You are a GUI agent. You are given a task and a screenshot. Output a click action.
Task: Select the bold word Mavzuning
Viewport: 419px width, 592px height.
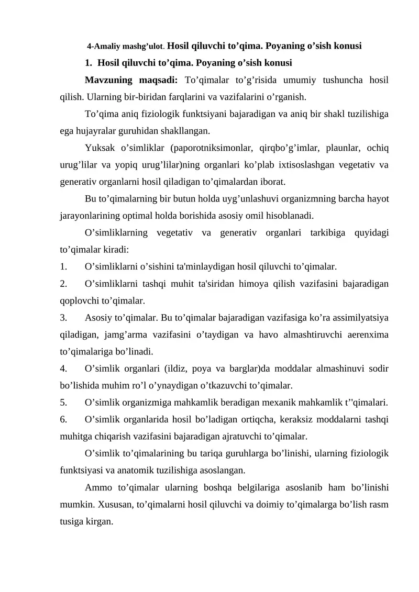point(110,81)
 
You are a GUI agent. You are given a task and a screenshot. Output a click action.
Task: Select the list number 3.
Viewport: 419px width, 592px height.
point(63,317)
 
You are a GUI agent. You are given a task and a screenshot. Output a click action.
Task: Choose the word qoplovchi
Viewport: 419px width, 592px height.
point(78,300)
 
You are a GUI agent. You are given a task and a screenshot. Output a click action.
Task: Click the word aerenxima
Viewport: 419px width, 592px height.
point(366,334)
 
